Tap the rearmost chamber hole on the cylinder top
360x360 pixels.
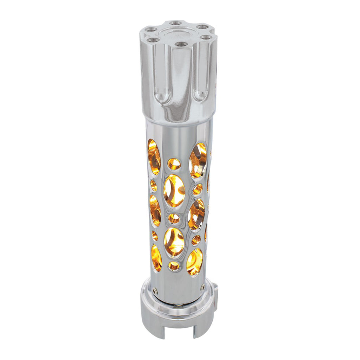[x=175, y=23]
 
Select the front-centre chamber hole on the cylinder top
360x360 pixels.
[x=181, y=44]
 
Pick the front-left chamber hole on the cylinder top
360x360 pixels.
[x=152, y=40]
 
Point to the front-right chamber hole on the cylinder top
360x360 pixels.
[x=206, y=37]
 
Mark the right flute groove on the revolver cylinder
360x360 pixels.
[x=200, y=72]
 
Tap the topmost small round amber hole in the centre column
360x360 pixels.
[x=174, y=164]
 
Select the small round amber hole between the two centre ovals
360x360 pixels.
[x=174, y=219]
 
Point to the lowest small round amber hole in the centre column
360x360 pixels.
[x=174, y=266]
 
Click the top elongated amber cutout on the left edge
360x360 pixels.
[x=154, y=157]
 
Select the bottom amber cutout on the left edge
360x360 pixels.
[x=156, y=258]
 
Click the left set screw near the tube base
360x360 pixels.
[x=155, y=290]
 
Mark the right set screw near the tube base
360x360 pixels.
[x=203, y=287]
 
